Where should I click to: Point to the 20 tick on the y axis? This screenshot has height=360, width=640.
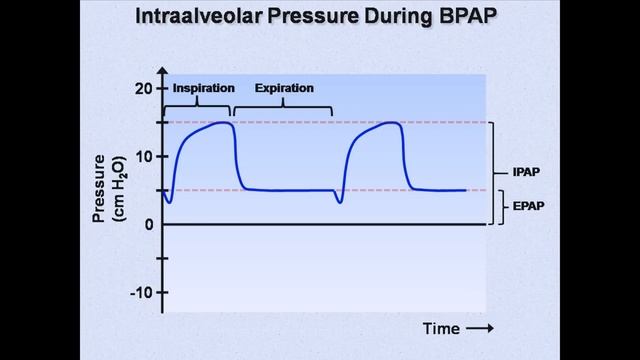click(x=144, y=88)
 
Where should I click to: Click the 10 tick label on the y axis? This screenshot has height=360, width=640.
click(x=144, y=156)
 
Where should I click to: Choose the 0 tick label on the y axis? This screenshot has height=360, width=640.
click(x=148, y=224)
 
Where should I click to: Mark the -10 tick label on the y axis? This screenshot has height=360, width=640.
click(x=142, y=292)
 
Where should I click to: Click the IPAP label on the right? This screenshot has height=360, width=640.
click(x=526, y=172)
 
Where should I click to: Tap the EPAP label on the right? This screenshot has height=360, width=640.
click(x=526, y=207)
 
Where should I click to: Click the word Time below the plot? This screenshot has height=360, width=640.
click(x=441, y=328)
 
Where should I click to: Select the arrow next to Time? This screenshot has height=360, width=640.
click(x=480, y=328)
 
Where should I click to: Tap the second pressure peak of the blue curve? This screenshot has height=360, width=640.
click(x=392, y=123)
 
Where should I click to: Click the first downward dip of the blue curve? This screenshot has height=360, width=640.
click(x=169, y=202)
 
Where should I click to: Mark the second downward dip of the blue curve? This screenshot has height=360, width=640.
click(x=340, y=202)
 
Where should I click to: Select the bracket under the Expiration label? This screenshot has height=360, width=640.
click(x=282, y=105)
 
